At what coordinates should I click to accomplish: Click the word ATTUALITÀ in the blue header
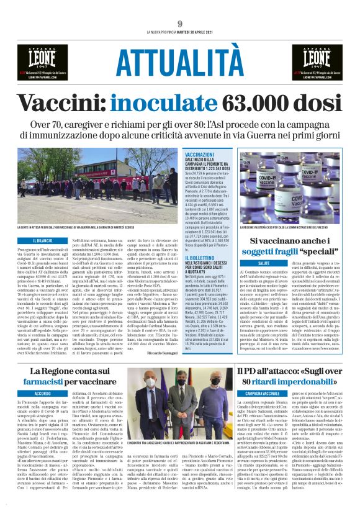point(179,61)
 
